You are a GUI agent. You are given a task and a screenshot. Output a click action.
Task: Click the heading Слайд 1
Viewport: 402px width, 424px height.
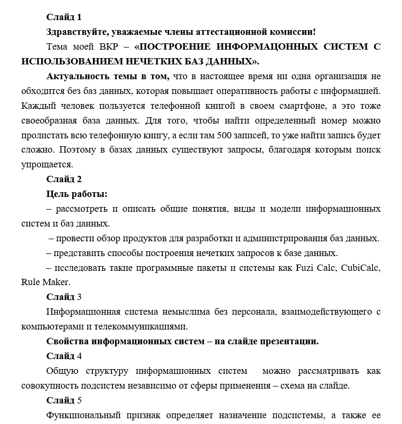[x=64, y=18]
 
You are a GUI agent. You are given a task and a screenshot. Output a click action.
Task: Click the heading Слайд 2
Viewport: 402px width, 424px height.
[x=64, y=178]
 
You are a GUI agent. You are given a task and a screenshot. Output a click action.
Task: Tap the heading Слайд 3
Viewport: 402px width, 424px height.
[x=64, y=297]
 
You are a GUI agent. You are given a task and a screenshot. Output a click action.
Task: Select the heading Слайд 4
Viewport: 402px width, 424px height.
[x=64, y=355]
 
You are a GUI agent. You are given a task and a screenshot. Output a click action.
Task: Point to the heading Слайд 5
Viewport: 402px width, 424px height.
[x=64, y=400]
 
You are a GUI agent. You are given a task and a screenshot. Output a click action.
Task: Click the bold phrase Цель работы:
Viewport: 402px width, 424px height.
[x=77, y=193]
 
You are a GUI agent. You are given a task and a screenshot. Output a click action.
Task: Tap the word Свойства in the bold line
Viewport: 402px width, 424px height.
[x=67, y=341]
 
